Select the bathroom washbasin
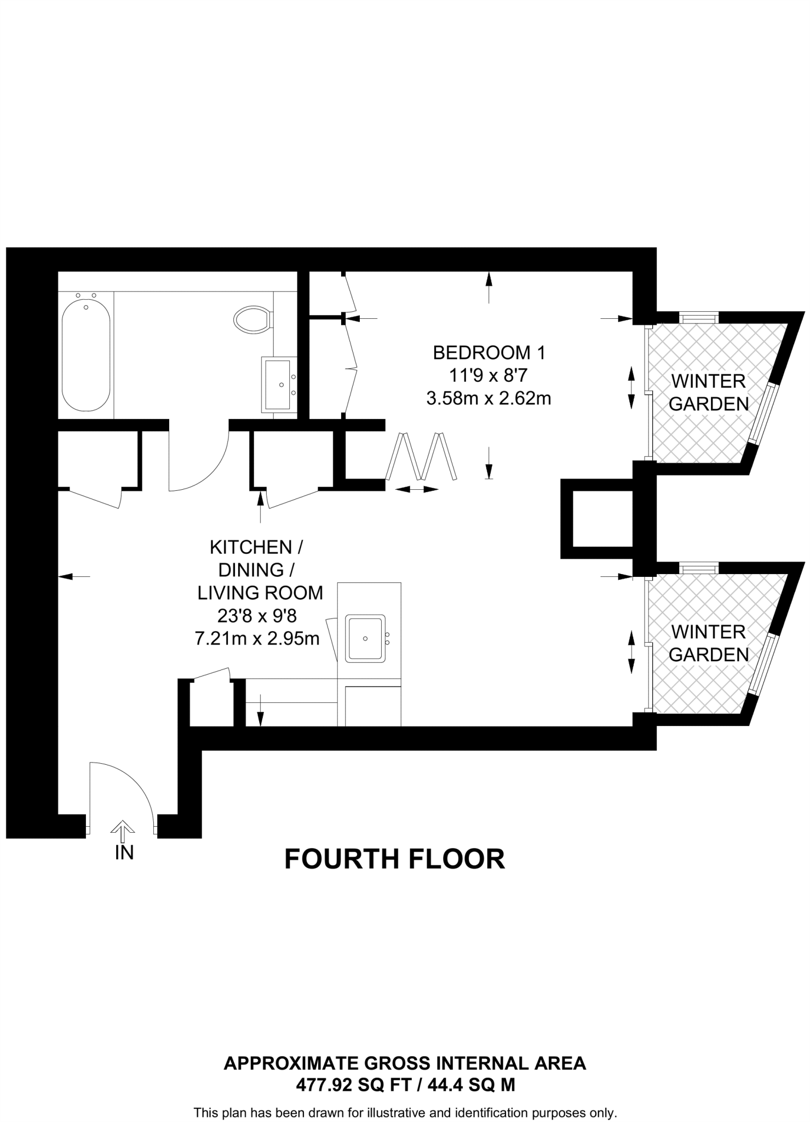(278, 384)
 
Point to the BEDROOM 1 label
(489, 352)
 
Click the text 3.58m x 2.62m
(489, 398)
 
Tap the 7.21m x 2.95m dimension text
(257, 638)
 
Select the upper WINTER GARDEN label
(708, 392)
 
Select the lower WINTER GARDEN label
(708, 643)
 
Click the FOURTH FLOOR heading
(394, 859)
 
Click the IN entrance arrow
(122, 831)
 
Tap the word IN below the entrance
(124, 852)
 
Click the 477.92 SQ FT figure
(353, 1085)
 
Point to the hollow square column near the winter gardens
(597, 518)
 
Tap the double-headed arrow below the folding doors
(417, 489)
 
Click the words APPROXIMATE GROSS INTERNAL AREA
(405, 1063)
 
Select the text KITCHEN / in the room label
(256, 547)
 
